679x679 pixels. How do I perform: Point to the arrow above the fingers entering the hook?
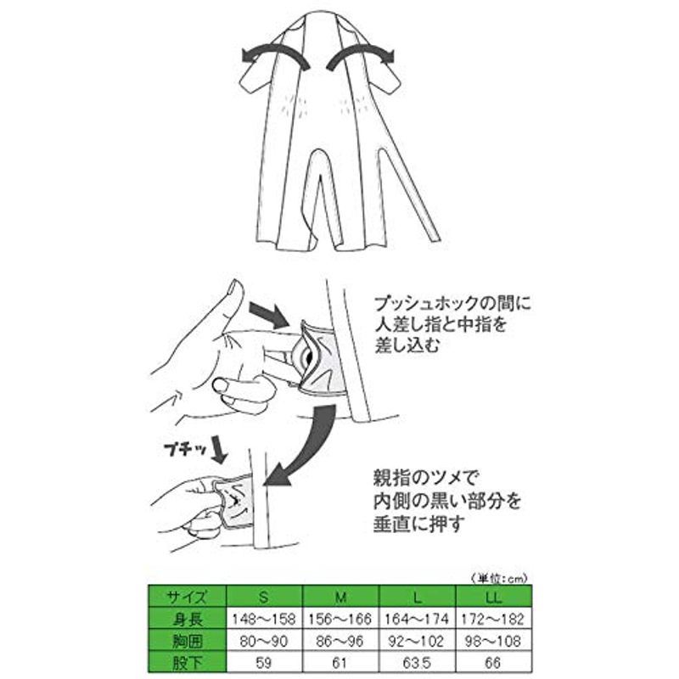269,315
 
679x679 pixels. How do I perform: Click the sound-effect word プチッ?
185,449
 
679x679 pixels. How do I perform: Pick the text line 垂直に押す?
419,524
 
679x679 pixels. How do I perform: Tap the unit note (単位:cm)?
498,578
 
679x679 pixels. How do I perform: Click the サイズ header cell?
187,598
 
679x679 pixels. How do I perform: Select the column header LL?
494,598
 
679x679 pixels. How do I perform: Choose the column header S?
264,598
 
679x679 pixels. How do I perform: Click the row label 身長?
187,619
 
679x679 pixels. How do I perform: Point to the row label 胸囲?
187,641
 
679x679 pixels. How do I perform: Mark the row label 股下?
187,663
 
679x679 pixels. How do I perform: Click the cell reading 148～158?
264,619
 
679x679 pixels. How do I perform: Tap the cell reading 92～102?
418,641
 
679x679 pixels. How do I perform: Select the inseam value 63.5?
418,663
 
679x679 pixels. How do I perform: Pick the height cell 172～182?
494,619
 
